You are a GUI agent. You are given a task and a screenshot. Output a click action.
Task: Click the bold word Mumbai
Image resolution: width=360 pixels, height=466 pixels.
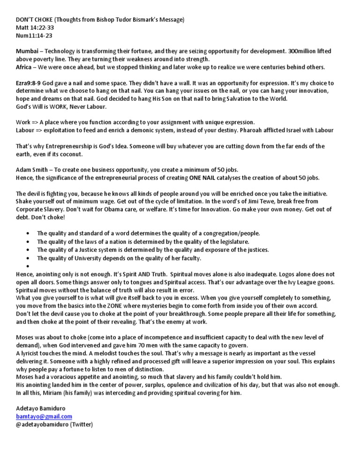[x=27, y=50]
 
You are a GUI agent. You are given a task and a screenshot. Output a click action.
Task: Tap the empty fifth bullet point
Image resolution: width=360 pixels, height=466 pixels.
[x=29, y=266]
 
